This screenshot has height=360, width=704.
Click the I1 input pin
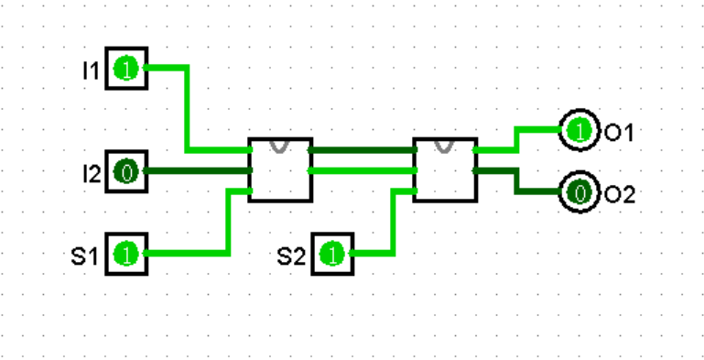pyautogui.click(x=126, y=69)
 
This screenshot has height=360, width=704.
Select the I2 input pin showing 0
pyautogui.click(x=126, y=170)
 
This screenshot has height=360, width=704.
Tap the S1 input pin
pyautogui.click(x=126, y=254)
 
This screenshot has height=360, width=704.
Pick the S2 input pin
pyautogui.click(x=333, y=254)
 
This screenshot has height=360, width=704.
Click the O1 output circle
pyautogui.click(x=578, y=131)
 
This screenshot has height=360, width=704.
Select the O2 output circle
pyautogui.click(x=578, y=192)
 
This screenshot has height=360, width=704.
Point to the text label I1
pyautogui.click(x=90, y=70)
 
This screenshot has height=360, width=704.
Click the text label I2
pyautogui.click(x=90, y=171)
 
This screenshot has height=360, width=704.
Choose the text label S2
pyautogui.click(x=291, y=255)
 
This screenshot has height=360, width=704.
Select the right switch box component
pyautogui.click(x=445, y=170)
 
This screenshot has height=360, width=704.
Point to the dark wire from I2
pyautogui.click(x=197, y=170)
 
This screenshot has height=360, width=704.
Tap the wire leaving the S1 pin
pyautogui.click(x=227, y=224)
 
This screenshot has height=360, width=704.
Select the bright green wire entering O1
pyautogui.click(x=518, y=138)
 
